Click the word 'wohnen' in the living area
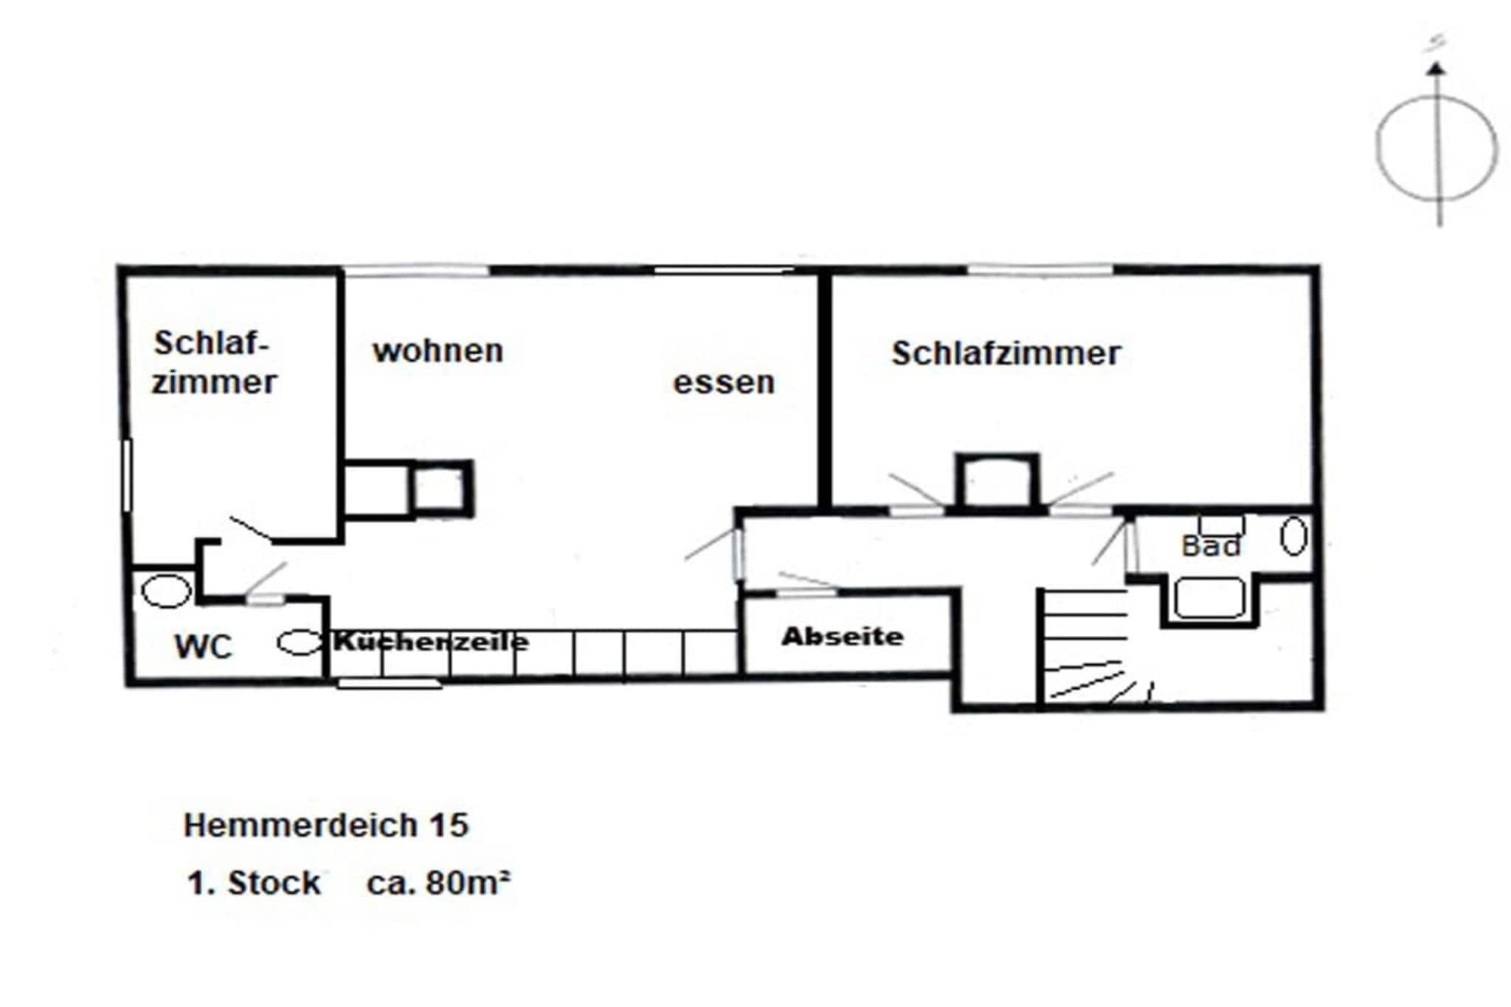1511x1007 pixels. [x=438, y=351]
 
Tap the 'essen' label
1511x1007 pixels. [x=724, y=383]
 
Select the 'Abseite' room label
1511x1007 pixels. [x=843, y=637]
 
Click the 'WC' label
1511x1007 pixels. [x=203, y=647]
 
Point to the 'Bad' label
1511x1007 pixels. [x=1211, y=547]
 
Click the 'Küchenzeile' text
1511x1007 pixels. [x=431, y=641]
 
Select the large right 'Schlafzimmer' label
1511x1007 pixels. [x=1006, y=353]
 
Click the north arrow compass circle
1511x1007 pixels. [x=1436, y=148]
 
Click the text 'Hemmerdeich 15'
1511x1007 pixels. [x=325, y=826]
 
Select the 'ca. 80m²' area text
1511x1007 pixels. [x=438, y=882]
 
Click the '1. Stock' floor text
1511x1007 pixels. [x=254, y=883]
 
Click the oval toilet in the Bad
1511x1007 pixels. [x=1293, y=536]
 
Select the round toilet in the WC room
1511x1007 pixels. [x=165, y=591]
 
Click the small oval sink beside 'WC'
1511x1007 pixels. [x=299, y=643]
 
